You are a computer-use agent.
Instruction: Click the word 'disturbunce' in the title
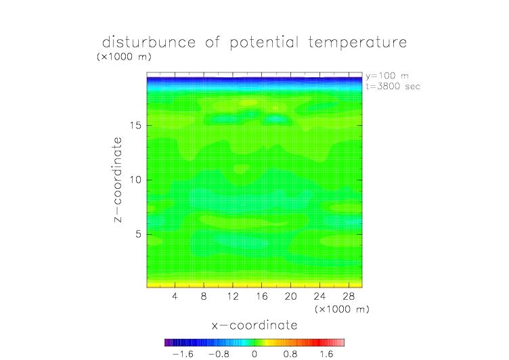pyautogui.click(x=149, y=42)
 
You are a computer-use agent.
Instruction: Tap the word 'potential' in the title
pyautogui.click(x=264, y=43)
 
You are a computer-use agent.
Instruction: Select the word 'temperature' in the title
pyautogui.click(x=357, y=43)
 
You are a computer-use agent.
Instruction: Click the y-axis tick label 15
pyautogui.click(x=135, y=125)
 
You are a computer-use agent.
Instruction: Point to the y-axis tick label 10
pyautogui.click(x=135, y=180)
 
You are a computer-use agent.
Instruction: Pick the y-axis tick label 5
pyautogui.click(x=139, y=234)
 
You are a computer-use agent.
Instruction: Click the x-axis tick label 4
pyautogui.click(x=175, y=296)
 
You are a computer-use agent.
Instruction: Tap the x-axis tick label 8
pyautogui.click(x=204, y=296)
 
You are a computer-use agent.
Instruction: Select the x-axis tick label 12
pyautogui.click(x=233, y=296)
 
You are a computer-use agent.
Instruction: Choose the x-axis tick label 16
pyautogui.click(x=262, y=296)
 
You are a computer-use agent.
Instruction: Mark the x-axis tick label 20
pyautogui.click(x=290, y=296)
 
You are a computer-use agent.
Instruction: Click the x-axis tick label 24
pyautogui.click(x=319, y=296)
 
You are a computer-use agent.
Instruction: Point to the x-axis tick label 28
pyautogui.click(x=349, y=296)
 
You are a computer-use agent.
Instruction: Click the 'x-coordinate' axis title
pyautogui.click(x=255, y=325)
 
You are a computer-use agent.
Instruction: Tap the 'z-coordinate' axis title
pyautogui.click(x=118, y=179)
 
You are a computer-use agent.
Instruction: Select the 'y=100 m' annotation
pyautogui.click(x=387, y=76)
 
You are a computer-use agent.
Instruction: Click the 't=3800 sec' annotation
pyautogui.click(x=393, y=87)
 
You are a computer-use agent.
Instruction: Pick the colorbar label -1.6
pyautogui.click(x=183, y=354)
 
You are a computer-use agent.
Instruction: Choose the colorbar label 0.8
pyautogui.click(x=290, y=354)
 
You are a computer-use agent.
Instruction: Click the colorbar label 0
pyautogui.click(x=255, y=354)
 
